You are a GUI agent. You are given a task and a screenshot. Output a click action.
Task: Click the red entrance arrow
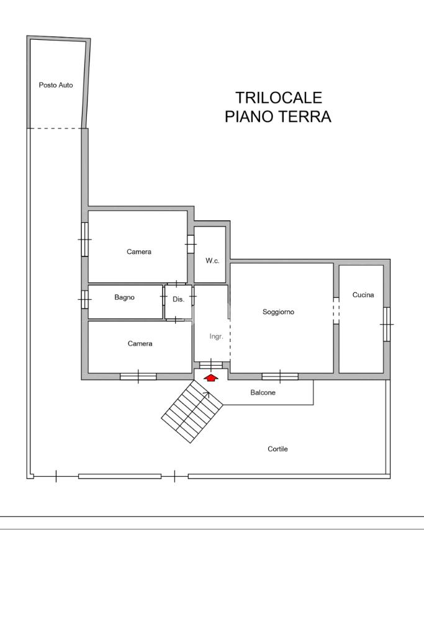point(211,377)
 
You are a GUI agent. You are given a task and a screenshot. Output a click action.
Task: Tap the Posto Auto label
point(56,85)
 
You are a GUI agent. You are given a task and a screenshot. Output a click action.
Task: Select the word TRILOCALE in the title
point(279,98)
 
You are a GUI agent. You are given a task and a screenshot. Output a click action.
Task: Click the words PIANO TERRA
point(277,117)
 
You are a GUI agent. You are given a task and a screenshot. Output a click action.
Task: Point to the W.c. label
point(212,261)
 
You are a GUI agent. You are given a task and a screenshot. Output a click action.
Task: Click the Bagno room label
point(124,297)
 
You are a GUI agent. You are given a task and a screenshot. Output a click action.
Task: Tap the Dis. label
point(178,299)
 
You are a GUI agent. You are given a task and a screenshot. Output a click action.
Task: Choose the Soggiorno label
point(278,312)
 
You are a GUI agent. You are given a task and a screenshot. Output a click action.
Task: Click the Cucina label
point(363,295)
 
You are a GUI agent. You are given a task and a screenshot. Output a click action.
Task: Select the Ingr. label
point(216,336)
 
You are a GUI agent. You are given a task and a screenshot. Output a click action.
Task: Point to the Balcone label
point(263,392)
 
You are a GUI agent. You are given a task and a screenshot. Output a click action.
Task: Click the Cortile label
point(277,449)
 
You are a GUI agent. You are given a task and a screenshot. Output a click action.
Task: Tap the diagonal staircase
point(192,412)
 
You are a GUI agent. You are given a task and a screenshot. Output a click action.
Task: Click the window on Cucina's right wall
point(387,324)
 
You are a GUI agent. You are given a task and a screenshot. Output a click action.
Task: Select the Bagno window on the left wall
point(85,299)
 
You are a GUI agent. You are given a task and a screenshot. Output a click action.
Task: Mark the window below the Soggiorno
point(279,376)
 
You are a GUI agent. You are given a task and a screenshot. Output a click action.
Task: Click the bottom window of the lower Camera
point(138,376)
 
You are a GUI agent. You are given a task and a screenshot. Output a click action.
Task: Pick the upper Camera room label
point(139,251)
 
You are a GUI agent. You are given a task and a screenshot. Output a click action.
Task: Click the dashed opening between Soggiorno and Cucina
point(336,310)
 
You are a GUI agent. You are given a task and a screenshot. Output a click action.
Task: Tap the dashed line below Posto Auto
point(56,128)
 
